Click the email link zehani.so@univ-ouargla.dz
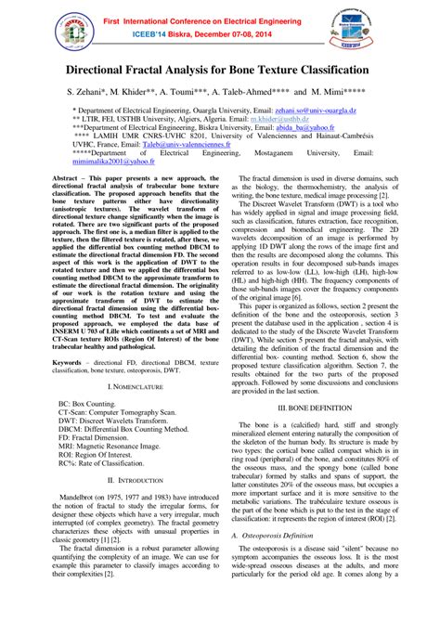pyautogui.click(x=324, y=109)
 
